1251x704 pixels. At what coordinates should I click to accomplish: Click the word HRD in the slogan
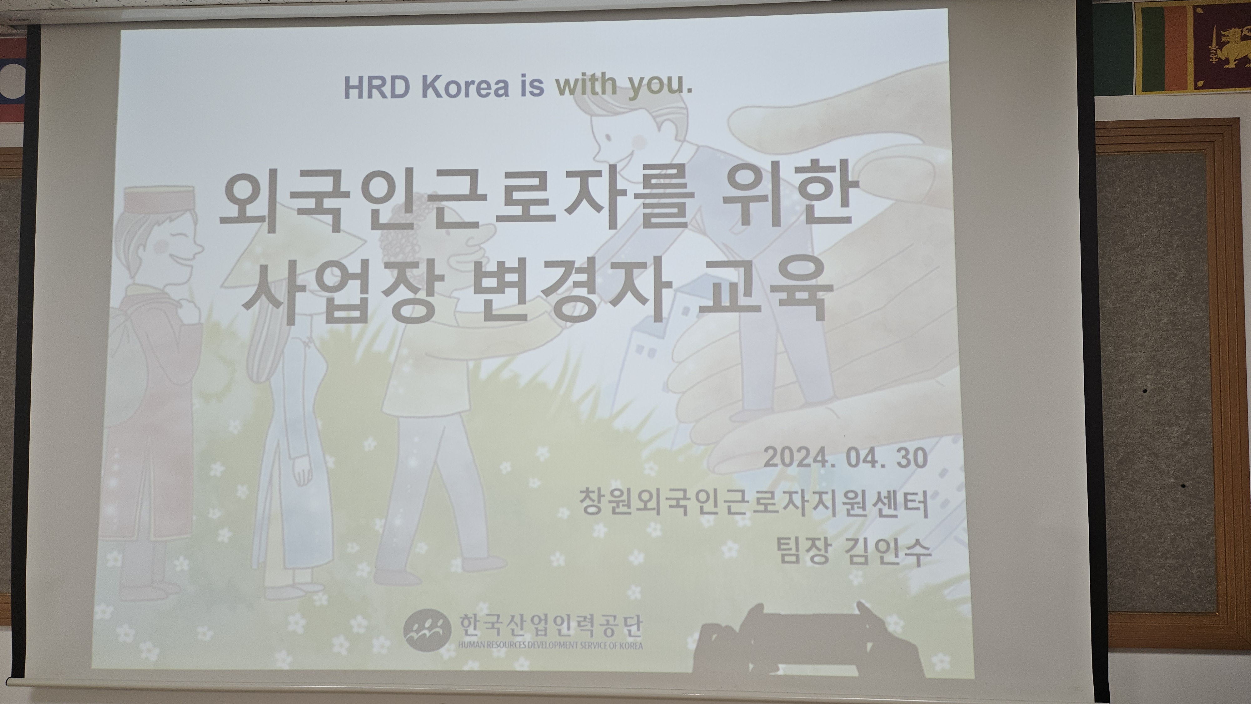tap(378, 88)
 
